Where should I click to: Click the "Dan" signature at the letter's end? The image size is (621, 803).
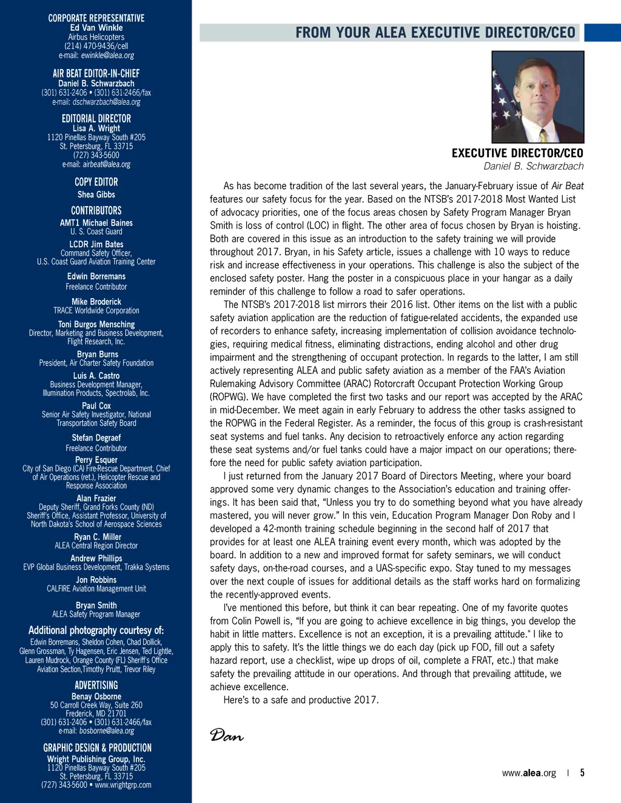pyautogui.click(x=226, y=735)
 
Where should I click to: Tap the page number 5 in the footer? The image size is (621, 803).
pyautogui.click(x=582, y=773)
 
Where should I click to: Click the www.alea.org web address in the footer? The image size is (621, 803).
pyautogui.click(x=529, y=773)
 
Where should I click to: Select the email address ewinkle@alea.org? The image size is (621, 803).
pyautogui.click(x=107, y=55)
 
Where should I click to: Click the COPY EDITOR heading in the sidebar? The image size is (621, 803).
pyautogui.click(x=96, y=182)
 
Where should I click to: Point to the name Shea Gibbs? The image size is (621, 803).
pyautogui.click(x=96, y=195)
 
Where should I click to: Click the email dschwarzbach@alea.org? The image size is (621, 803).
pyautogui.click(x=106, y=102)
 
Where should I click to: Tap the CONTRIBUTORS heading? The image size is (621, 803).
pyautogui.click(x=96, y=210)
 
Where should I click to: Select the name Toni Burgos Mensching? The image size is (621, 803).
pyautogui.click(x=96, y=324)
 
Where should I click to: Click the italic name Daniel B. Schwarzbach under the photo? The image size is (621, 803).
pyautogui.click(x=533, y=166)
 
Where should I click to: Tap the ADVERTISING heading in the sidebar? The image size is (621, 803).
pyautogui.click(x=96, y=685)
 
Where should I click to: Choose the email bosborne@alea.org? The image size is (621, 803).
pyautogui.click(x=106, y=731)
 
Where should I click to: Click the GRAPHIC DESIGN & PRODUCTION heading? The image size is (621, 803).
pyautogui.click(x=97, y=748)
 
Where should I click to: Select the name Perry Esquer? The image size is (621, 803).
pyautogui.click(x=96, y=459)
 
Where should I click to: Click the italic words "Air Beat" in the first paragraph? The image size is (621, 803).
pyautogui.click(x=567, y=186)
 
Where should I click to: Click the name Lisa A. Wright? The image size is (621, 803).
pyautogui.click(x=96, y=128)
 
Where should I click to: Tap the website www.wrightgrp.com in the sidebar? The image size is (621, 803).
pyautogui.click(x=123, y=785)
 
